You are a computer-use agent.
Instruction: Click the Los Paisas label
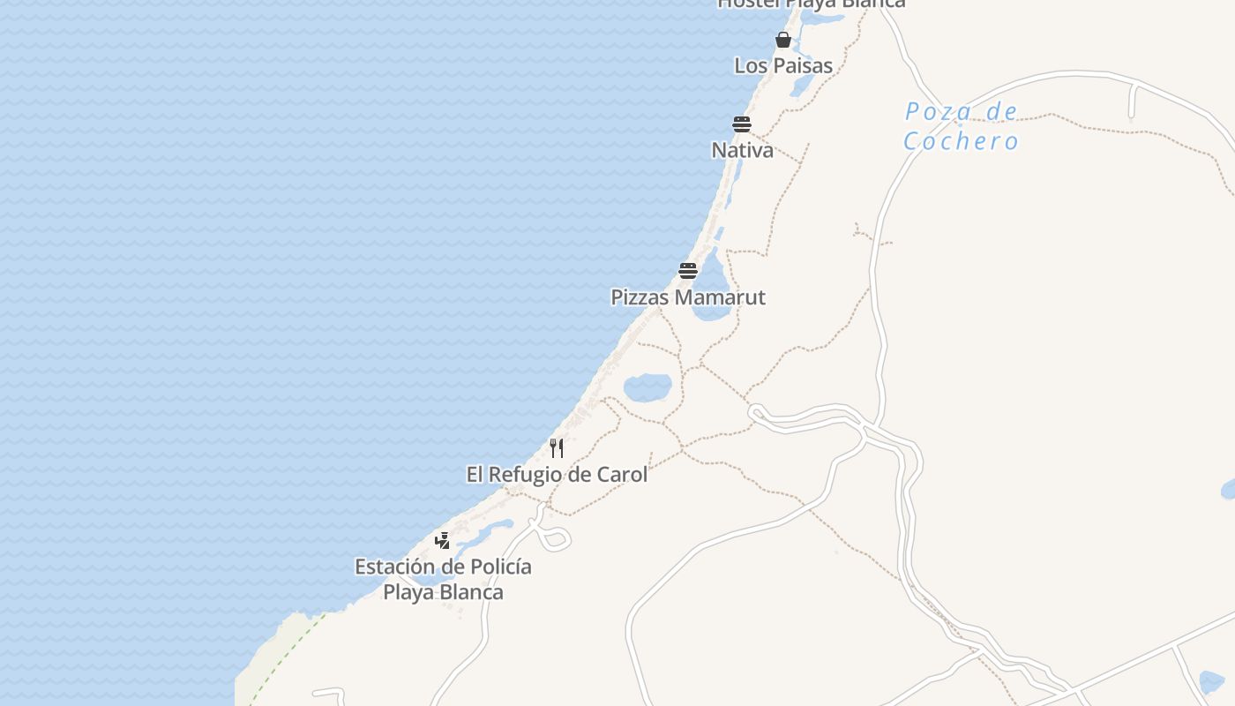coord(783,65)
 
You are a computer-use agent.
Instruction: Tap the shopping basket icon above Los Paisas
coord(782,40)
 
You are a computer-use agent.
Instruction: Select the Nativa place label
coord(742,150)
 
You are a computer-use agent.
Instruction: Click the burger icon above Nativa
coord(741,124)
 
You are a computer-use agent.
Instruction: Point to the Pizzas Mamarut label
coord(688,297)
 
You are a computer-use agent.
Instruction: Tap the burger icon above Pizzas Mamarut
coord(688,270)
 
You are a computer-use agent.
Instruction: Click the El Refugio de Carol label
coord(557,475)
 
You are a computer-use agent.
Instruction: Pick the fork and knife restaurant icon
coord(557,448)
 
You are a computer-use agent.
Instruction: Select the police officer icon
coord(443,540)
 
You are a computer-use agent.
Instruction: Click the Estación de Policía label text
coord(443,567)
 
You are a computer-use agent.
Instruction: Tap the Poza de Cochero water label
coord(961,126)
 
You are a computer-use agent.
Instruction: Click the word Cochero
coord(961,141)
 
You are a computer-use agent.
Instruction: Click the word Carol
coord(622,475)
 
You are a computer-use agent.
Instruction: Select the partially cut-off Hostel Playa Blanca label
coord(811,4)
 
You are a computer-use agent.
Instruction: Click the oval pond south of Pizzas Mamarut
coord(647,387)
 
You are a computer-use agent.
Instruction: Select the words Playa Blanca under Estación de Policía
coord(443,592)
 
